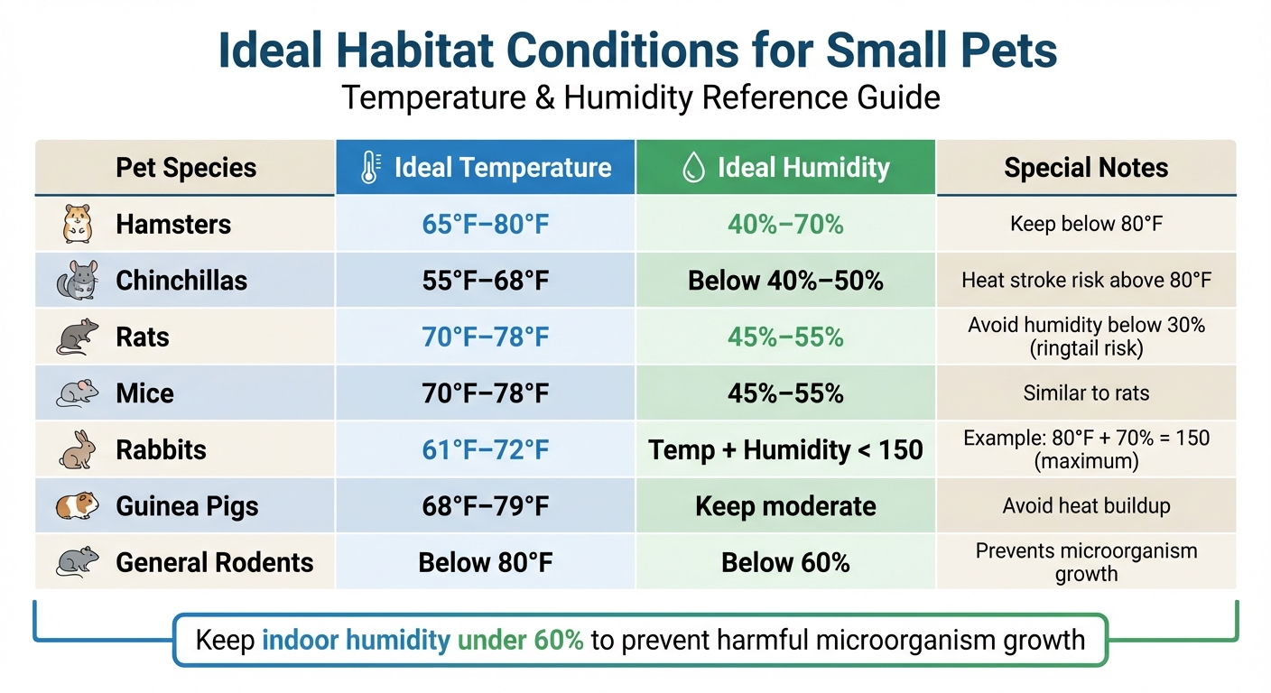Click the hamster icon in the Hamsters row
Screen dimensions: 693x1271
tap(78, 224)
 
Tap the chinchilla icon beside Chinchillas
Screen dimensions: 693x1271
tap(78, 281)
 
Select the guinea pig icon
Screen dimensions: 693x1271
tap(78, 506)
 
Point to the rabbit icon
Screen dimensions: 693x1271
tap(78, 449)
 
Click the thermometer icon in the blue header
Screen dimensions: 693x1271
tap(369, 168)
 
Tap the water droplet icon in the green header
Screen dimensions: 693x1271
tap(693, 168)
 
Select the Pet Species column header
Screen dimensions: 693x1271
tap(186, 168)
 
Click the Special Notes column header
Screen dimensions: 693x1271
tap(1086, 168)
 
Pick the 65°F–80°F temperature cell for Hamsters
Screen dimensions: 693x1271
tap(486, 224)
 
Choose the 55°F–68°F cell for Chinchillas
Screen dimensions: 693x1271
tap(486, 281)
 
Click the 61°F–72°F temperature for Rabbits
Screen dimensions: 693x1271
tap(486, 449)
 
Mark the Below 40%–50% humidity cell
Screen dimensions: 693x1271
tap(785, 281)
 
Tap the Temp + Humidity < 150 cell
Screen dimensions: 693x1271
tap(785, 449)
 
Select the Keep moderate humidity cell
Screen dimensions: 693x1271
tap(785, 506)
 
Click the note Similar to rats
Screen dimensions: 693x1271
tap(1086, 393)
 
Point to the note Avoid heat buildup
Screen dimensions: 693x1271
tap(1086, 506)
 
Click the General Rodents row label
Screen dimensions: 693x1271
tap(214, 563)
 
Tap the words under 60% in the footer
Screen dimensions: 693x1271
tap(520, 641)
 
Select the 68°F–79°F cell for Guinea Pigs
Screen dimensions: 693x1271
tap(486, 506)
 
